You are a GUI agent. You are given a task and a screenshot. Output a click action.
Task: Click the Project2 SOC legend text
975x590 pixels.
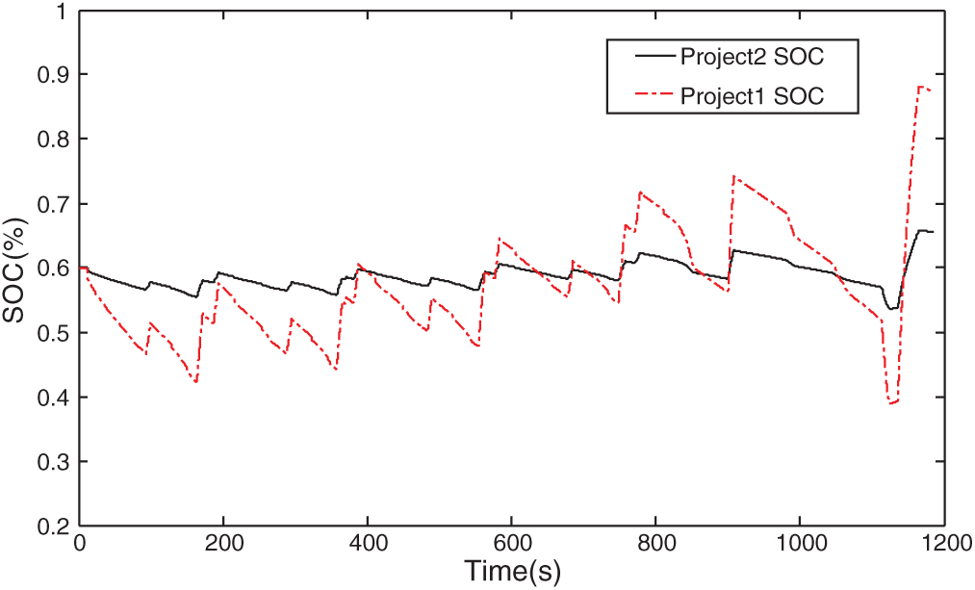pyautogui.click(x=752, y=57)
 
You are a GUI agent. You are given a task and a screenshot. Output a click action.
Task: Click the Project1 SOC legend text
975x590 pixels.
pyautogui.click(x=752, y=96)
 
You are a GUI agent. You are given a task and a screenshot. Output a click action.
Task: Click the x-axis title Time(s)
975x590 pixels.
pyautogui.click(x=511, y=571)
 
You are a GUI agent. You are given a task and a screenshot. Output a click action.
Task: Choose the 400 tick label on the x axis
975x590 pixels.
pyautogui.click(x=368, y=543)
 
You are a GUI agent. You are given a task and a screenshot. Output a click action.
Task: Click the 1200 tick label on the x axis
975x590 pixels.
pyautogui.click(x=943, y=543)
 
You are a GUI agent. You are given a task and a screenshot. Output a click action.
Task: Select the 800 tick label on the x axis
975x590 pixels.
pyautogui.click(x=655, y=543)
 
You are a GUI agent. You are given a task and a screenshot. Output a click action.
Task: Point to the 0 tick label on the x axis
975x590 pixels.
pyautogui.click(x=81, y=543)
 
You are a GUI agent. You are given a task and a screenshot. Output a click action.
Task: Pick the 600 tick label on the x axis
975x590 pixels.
pyautogui.click(x=511, y=543)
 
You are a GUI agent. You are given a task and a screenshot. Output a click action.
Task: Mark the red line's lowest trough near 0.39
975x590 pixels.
pyautogui.click(x=891, y=403)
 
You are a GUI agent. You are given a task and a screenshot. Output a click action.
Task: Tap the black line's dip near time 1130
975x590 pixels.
pyautogui.click(x=891, y=309)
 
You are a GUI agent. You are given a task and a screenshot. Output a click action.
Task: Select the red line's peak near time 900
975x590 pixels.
pyautogui.click(x=734, y=176)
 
